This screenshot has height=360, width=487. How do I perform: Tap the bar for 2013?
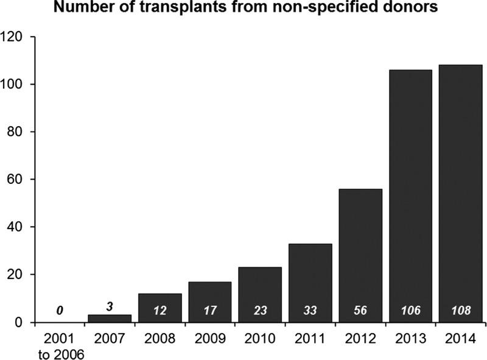click(x=410, y=196)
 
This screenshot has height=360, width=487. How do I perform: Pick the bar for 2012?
click(x=360, y=255)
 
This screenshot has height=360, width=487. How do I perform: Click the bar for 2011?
click(x=310, y=283)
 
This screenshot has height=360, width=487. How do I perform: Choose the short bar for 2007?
click(x=110, y=318)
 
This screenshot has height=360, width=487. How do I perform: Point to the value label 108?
click(x=460, y=310)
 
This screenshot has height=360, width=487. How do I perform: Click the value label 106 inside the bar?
click(x=410, y=310)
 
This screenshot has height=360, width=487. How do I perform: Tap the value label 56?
click(x=360, y=310)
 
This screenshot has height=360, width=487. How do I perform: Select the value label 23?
click(x=261, y=310)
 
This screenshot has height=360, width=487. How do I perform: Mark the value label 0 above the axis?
click(x=60, y=310)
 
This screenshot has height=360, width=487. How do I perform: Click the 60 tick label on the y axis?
click(x=16, y=180)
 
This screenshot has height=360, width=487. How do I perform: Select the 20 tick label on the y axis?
click(x=16, y=275)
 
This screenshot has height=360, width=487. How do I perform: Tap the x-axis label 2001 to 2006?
click(x=60, y=344)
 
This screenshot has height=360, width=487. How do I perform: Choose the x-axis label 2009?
click(x=210, y=337)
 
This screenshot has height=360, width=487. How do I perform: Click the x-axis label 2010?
click(x=261, y=337)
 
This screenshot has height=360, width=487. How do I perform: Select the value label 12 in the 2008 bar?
click(x=160, y=310)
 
